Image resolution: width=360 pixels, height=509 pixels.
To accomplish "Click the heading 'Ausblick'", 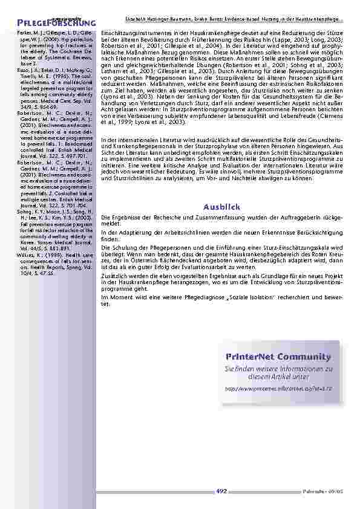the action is pyautogui.click(x=221, y=207).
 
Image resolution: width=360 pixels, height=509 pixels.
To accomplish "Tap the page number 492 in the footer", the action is pyautogui.click(x=221, y=491).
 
